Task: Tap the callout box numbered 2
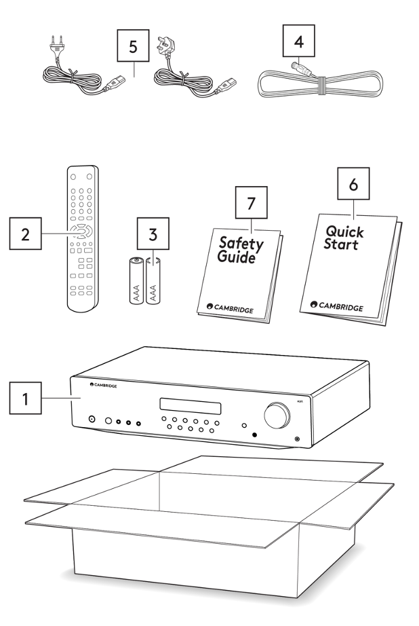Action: pyautogui.click(x=26, y=235)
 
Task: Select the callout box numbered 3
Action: pyautogui.click(x=153, y=235)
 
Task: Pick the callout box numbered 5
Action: pyautogui.click(x=133, y=48)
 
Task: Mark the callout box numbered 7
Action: pyautogui.click(x=252, y=202)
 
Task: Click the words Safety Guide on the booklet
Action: pyautogui.click(x=240, y=250)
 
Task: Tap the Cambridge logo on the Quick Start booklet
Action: pyautogui.click(x=337, y=307)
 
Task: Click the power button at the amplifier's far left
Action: pyautogui.click(x=92, y=420)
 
